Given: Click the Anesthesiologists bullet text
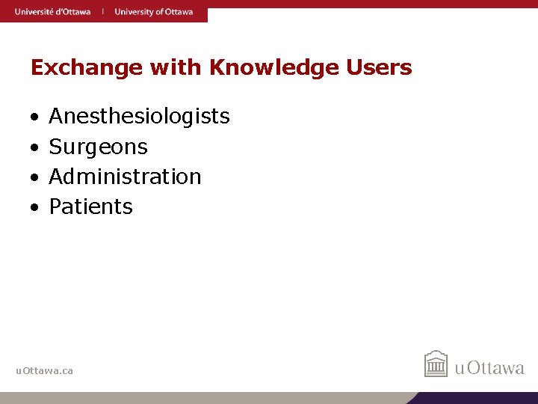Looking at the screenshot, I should click(139, 117).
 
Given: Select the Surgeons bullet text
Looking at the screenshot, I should click(98, 147).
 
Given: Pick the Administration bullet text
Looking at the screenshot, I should click(125, 177).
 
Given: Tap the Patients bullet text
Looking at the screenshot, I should click(90, 206).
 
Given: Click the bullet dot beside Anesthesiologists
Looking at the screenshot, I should click(34, 118).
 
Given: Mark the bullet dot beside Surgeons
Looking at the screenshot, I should click(34, 148).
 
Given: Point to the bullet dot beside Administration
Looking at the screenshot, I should click(34, 178).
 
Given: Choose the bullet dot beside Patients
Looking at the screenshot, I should click(34, 208).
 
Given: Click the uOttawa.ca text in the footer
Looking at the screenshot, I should click(45, 370).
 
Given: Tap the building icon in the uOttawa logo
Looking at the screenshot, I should click(436, 364).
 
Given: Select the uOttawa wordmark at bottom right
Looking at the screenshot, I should click(490, 368).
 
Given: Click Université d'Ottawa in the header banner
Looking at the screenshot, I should click(52, 12).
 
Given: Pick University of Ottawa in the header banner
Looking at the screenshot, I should click(153, 12).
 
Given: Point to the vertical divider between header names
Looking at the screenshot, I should click(103, 12).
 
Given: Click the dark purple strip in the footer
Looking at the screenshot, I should click(478, 398).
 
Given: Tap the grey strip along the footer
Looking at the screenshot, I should click(202, 398).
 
